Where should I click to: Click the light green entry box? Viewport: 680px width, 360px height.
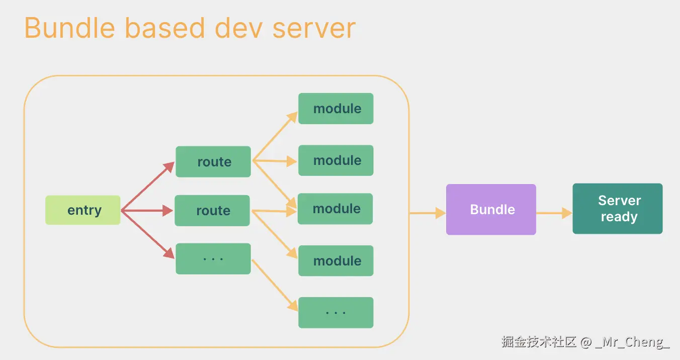tap(83, 210)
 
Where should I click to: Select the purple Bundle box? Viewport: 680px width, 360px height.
tap(491, 210)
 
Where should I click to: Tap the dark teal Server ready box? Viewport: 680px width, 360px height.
tap(618, 209)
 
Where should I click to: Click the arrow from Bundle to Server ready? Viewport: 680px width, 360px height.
tap(554, 213)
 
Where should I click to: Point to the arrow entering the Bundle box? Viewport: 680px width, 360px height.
tap(428, 213)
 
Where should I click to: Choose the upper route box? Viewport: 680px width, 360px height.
tap(213, 162)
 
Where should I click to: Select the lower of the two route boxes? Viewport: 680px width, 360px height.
tap(212, 211)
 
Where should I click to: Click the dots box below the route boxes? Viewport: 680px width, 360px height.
tap(213, 259)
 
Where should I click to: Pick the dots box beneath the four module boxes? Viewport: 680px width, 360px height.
tap(336, 313)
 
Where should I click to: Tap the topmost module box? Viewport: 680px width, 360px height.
tap(336, 109)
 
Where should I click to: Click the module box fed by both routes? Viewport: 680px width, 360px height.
tap(335, 209)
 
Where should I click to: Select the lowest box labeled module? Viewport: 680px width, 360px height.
tap(336, 261)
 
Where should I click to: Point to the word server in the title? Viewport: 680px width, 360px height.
tap(314, 28)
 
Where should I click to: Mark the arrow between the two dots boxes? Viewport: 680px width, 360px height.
tap(275, 285)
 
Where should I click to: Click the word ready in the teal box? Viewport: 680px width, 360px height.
tap(619, 217)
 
